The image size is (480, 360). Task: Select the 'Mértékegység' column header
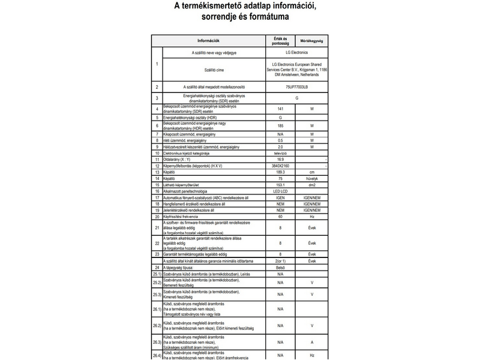pos(312,41)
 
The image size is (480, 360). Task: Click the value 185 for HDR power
pos(280,126)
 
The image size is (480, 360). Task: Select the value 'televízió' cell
pos(280,153)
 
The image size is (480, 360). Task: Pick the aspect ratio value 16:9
pos(280,160)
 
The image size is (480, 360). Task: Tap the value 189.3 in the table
pos(280,172)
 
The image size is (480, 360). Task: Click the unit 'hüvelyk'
pos(312,179)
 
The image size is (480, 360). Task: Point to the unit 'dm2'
pos(312,185)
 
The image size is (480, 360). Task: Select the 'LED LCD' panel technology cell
pos(280,191)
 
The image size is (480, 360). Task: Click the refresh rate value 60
pos(280,217)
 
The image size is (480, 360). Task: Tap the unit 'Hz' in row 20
pos(312,217)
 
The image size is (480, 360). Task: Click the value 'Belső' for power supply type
pos(280,267)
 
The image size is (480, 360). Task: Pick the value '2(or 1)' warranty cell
pos(280,261)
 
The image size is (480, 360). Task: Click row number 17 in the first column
pos(156,198)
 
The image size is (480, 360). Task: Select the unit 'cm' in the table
pos(312,172)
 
